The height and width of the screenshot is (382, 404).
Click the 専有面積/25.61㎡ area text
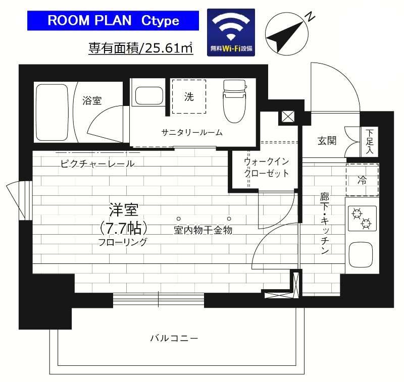(141, 48)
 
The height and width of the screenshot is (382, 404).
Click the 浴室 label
(92, 100)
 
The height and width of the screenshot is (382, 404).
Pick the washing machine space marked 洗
(189, 97)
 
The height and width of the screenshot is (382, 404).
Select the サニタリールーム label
(192, 132)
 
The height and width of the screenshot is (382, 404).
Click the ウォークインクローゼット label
(266, 168)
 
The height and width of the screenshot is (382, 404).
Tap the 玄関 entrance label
(327, 141)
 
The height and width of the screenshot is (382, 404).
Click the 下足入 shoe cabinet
(370, 141)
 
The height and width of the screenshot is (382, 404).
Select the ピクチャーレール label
(97, 163)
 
